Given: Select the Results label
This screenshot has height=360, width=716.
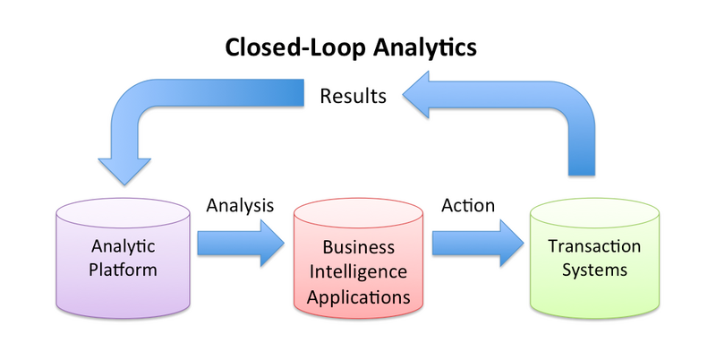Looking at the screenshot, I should tap(354, 95).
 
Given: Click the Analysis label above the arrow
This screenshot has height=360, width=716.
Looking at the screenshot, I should tap(239, 205).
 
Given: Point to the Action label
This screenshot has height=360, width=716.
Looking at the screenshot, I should tap(467, 205).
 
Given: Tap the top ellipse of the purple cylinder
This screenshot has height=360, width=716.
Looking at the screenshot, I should tap(123, 212).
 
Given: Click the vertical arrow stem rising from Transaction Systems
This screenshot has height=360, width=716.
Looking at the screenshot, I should tap(582, 148).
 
